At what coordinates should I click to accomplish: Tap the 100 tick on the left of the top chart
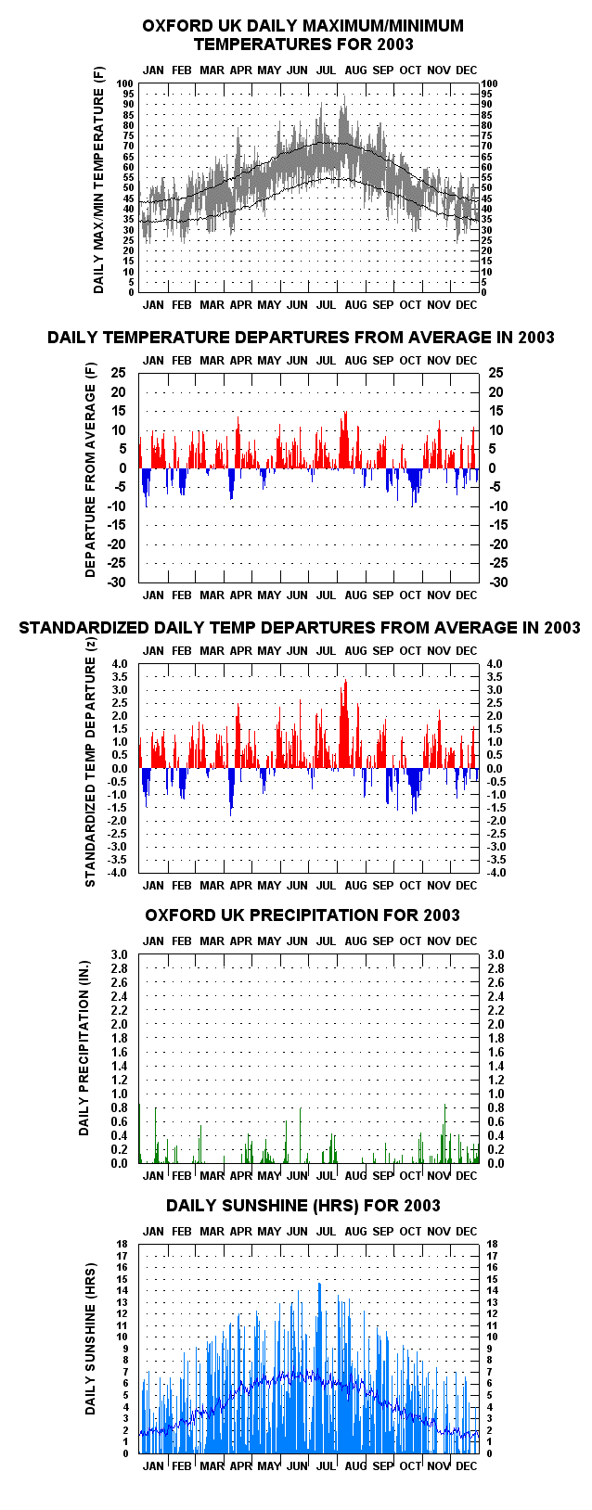tap(124, 83)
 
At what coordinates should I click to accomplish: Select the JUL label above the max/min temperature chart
tap(327, 70)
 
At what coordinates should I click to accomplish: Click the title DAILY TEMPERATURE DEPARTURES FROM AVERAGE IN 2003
tap(301, 337)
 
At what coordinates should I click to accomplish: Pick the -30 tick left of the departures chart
tap(117, 582)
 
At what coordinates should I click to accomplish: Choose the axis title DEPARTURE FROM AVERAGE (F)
tap(91, 470)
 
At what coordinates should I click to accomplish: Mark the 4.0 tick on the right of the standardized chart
tap(495, 665)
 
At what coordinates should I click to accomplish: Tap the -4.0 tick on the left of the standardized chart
tap(117, 873)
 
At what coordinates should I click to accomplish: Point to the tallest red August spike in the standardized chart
tap(346, 723)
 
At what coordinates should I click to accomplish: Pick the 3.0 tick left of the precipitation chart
tap(120, 954)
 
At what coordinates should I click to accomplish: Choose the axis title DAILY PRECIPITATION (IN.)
tap(84, 1048)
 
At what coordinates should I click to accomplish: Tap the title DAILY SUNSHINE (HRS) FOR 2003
tap(303, 1205)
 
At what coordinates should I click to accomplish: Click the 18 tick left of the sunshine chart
tap(122, 1245)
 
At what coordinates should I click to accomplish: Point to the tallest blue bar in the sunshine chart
tap(319, 1368)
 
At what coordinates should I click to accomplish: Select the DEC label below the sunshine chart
tap(466, 1466)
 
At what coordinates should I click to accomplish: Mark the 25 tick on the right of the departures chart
tap(495, 373)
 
